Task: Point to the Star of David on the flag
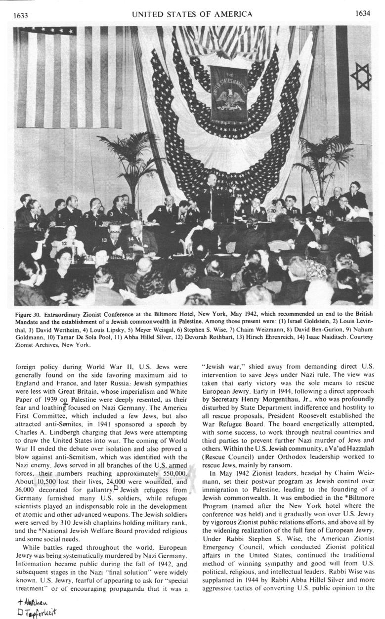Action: click(x=359, y=74)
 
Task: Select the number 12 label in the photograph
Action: click(x=64, y=244)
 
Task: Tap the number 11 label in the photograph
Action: click(x=295, y=212)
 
